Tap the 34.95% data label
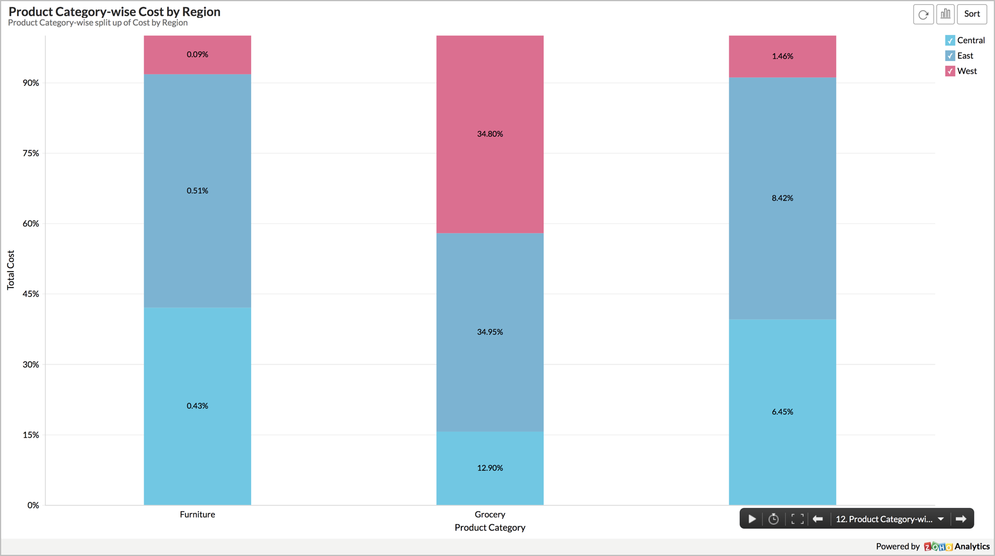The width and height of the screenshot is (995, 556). click(490, 332)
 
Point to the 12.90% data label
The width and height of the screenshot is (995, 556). click(490, 468)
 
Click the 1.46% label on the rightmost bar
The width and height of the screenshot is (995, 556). click(782, 56)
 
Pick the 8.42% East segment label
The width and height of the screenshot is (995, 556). click(782, 198)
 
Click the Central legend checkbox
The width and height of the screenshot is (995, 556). click(950, 40)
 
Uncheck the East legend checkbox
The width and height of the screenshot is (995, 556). click(950, 56)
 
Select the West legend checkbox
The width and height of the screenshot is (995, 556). click(950, 71)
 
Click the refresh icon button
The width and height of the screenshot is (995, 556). click(923, 14)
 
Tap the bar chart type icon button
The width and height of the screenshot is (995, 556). click(945, 14)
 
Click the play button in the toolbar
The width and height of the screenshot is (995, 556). click(752, 519)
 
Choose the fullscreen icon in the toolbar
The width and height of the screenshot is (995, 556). click(797, 519)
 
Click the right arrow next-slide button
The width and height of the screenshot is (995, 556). click(961, 519)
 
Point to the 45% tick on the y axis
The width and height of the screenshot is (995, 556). click(31, 294)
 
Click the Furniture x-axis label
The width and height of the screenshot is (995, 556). click(197, 515)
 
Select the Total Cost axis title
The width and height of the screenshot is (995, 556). click(11, 270)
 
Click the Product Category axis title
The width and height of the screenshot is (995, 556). click(490, 528)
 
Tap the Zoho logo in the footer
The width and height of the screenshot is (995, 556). click(938, 547)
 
